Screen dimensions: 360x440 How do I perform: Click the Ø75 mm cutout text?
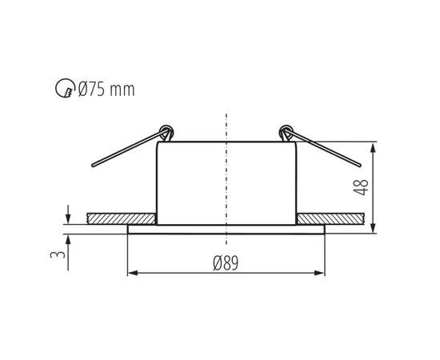(107, 90)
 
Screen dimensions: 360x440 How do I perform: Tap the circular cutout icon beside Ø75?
(69, 90)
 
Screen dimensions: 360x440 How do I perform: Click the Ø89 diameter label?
(227, 262)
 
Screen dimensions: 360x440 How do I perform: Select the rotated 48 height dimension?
(362, 187)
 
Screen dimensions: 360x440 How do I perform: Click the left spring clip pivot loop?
(166, 130)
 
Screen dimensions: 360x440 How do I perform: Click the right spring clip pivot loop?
(286, 130)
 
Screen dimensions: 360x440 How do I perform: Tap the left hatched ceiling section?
(121, 218)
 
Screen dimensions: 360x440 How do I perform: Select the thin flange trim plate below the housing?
(226, 229)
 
